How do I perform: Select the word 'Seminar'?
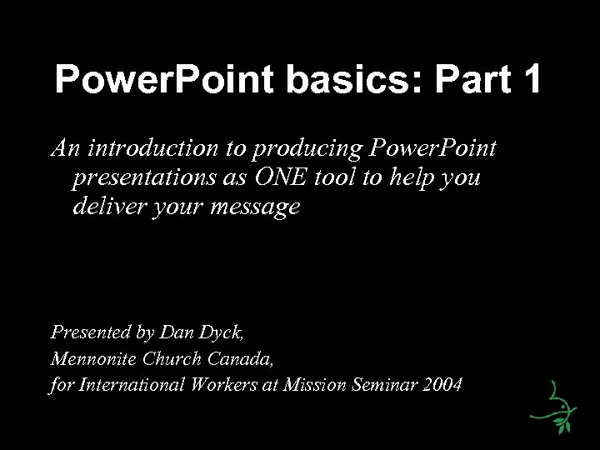[387, 387]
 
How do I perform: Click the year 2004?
[444, 387]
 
